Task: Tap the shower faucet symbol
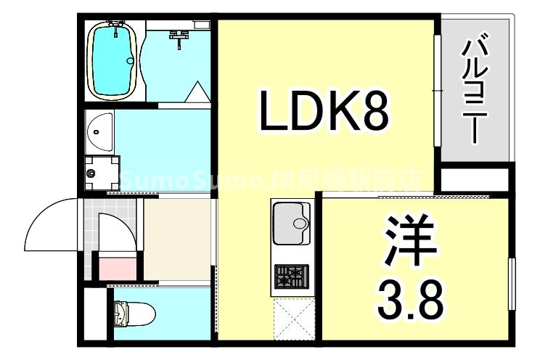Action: (x=179, y=37)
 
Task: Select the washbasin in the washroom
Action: (x=98, y=131)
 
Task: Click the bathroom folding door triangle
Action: (x=197, y=93)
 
